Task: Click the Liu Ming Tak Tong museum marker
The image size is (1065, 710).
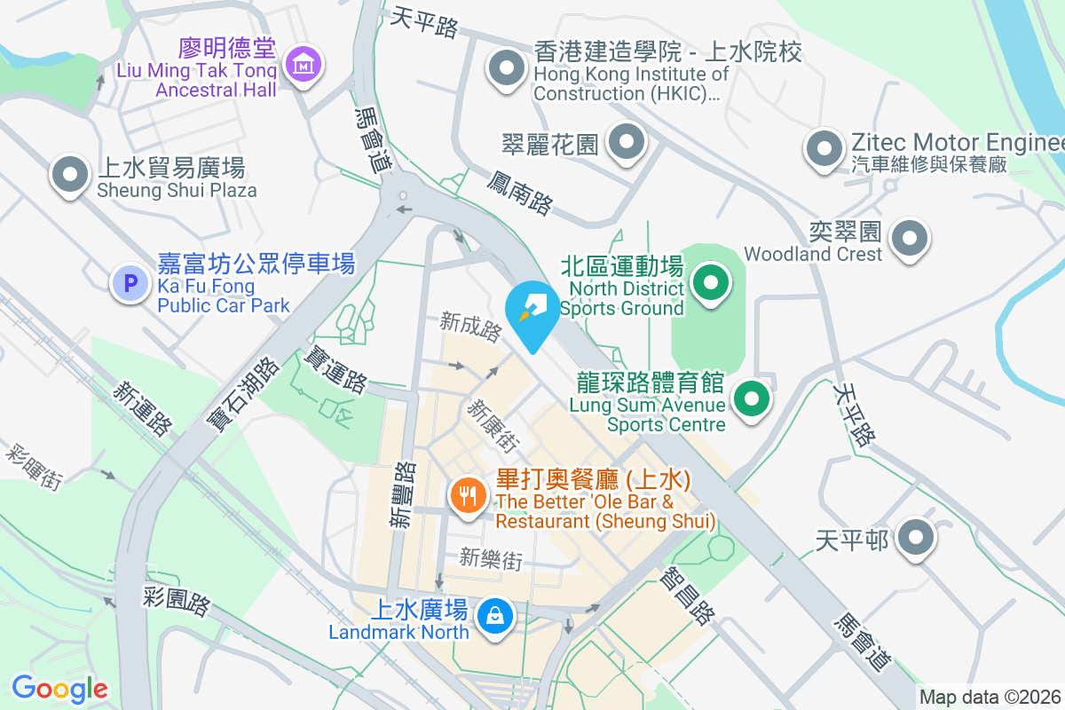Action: (304, 64)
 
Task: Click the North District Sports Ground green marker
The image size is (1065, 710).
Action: (709, 284)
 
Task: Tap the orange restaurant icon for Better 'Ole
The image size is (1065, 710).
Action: (467, 494)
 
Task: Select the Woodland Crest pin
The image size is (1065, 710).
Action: (909, 238)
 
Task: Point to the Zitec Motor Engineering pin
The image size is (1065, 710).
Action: (824, 148)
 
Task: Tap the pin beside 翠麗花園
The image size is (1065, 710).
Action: (627, 142)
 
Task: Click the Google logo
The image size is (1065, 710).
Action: (59, 688)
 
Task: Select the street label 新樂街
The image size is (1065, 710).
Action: (490, 559)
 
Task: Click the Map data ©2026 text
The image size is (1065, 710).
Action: (990, 697)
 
